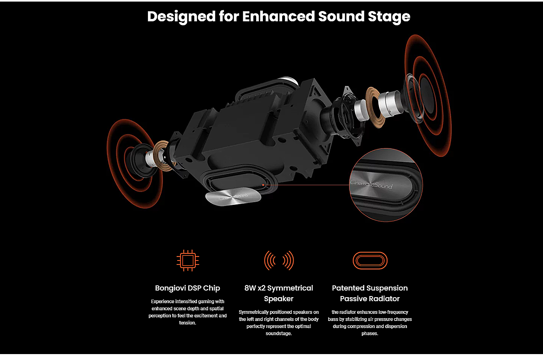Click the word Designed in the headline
pyautogui.click(x=181, y=17)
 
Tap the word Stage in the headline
pyautogui.click(x=389, y=17)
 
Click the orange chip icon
pyautogui.click(x=188, y=261)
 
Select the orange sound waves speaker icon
pyautogui.click(x=279, y=261)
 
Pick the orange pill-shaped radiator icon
pyautogui.click(x=370, y=261)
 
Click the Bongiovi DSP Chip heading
pyautogui.click(x=187, y=288)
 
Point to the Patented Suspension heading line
pyautogui.click(x=370, y=288)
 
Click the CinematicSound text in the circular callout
pyautogui.click(x=371, y=184)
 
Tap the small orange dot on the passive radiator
pyautogui.click(x=263, y=185)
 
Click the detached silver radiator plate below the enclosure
pyautogui.click(x=233, y=197)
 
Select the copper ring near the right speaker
pyautogui.click(x=374, y=107)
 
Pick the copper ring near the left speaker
pyautogui.click(x=161, y=155)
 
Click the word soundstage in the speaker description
pyautogui.click(x=279, y=333)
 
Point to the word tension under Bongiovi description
pyautogui.click(x=187, y=322)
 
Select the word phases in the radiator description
pyautogui.click(x=370, y=334)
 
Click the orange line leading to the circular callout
pyautogui.click(x=306, y=185)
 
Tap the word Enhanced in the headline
pyautogui.click(x=278, y=17)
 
